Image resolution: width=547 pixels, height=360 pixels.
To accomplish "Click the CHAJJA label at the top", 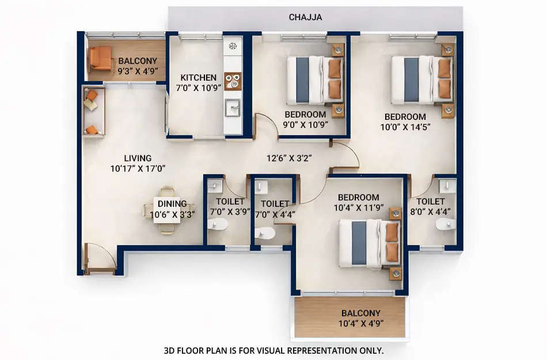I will pyautogui.click(x=305, y=17).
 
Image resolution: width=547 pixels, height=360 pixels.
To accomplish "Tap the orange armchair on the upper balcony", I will pyautogui.click(x=100, y=58).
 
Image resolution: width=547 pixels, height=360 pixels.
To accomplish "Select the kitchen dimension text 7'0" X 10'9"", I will pyautogui.click(x=198, y=88).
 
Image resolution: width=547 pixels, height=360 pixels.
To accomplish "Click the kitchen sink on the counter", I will pyautogui.click(x=233, y=107).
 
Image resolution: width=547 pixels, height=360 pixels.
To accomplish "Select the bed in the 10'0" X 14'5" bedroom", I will pyautogui.click(x=420, y=79).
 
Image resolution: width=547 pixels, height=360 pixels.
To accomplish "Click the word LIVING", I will pyautogui.click(x=138, y=158).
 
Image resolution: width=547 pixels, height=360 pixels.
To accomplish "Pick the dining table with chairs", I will pyautogui.click(x=168, y=210).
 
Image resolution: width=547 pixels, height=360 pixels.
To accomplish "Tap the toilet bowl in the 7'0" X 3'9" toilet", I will pyautogui.click(x=218, y=223).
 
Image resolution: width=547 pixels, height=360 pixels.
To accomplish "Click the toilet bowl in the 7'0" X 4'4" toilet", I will pyautogui.click(x=265, y=233).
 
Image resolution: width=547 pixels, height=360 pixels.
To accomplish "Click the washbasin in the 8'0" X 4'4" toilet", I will pyautogui.click(x=447, y=185).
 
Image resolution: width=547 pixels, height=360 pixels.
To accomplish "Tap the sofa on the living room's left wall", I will pyautogui.click(x=93, y=112).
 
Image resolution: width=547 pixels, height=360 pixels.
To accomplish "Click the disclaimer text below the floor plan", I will pyautogui.click(x=273, y=350).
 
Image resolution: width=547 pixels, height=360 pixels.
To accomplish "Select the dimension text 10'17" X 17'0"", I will pyautogui.click(x=138, y=169).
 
